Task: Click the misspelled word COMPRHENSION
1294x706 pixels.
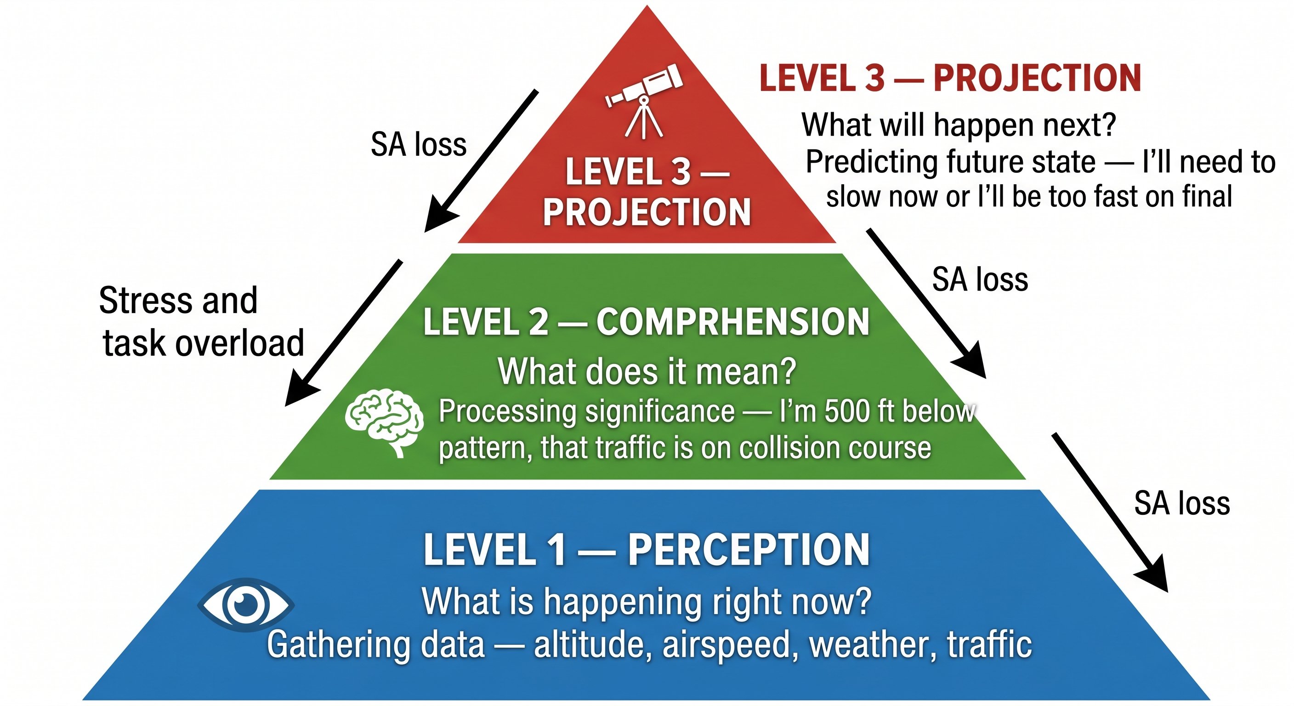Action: point(732,322)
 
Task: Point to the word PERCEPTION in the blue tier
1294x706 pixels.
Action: point(749,550)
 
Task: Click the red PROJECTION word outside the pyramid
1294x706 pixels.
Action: point(1037,79)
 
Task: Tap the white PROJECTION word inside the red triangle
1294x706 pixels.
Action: point(647,212)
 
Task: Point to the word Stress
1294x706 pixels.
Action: point(146,301)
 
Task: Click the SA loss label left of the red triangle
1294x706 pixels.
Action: point(419,145)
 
